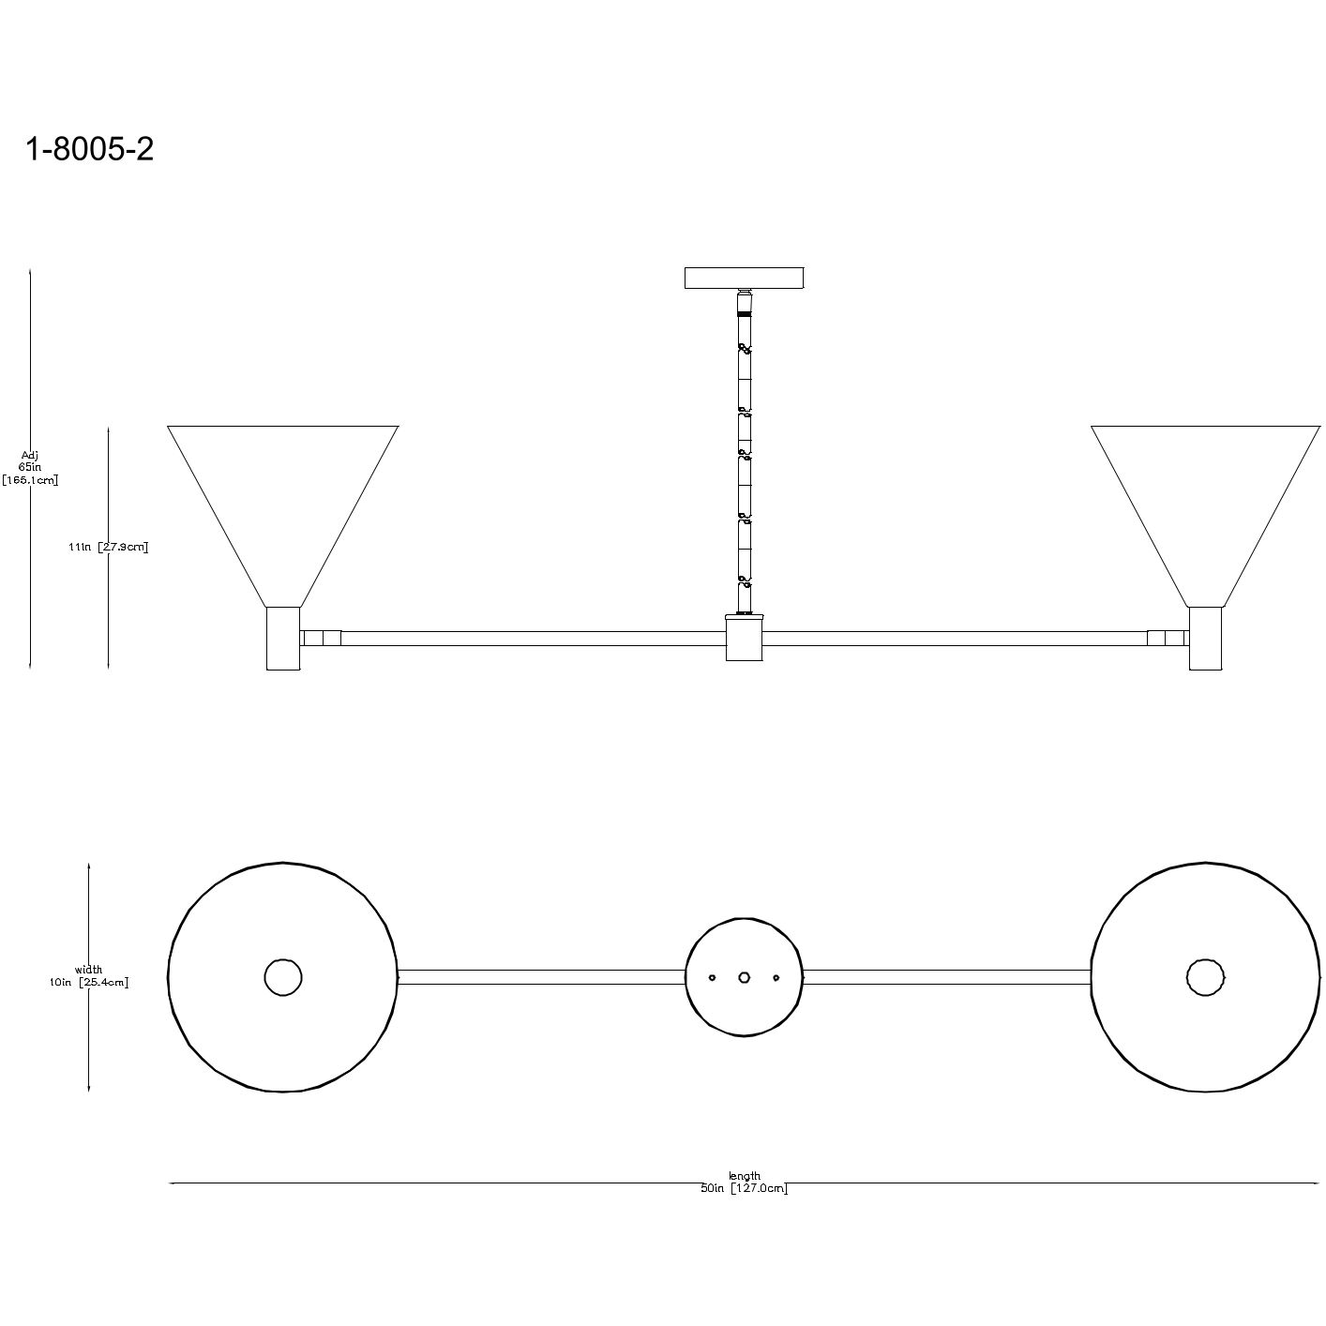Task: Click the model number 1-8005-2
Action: pyautogui.click(x=89, y=149)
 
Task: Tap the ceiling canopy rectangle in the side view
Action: pyautogui.click(x=745, y=279)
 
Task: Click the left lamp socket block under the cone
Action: pyautogui.click(x=283, y=638)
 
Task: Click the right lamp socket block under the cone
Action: pyautogui.click(x=1205, y=638)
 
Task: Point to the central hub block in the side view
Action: pyautogui.click(x=745, y=638)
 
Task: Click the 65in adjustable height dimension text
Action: pyautogui.click(x=30, y=467)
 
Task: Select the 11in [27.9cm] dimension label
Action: pyautogui.click(x=109, y=547)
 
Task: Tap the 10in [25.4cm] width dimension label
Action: pyautogui.click(x=89, y=982)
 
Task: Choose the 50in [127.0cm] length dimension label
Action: pyautogui.click(x=745, y=1189)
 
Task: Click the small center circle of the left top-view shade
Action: pyautogui.click(x=283, y=977)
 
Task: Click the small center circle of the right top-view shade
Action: pyautogui.click(x=1205, y=977)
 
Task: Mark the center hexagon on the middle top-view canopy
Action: pyautogui.click(x=745, y=977)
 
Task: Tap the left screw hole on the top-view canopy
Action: pyautogui.click(x=713, y=977)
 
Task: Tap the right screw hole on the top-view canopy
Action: pyautogui.click(x=776, y=977)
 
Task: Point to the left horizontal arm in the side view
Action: pyautogui.click(x=530, y=639)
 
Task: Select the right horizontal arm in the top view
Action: pyautogui.click(x=947, y=977)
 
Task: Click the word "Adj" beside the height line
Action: pyautogui.click(x=30, y=455)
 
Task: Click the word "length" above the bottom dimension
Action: pyautogui.click(x=745, y=1176)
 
